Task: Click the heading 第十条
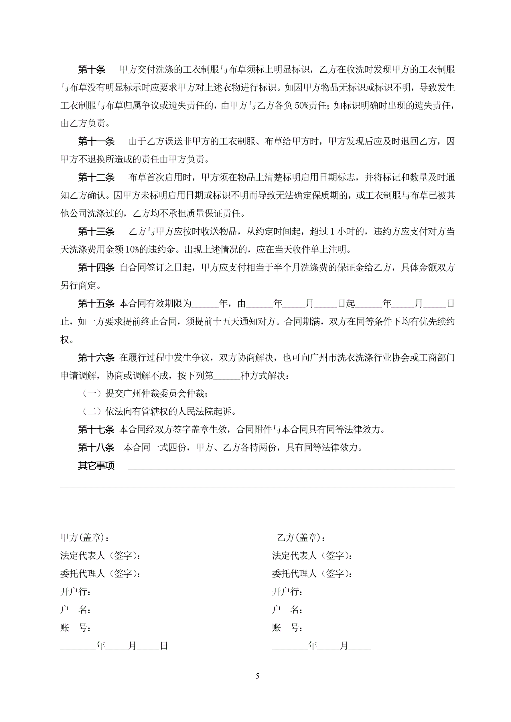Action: tap(92, 70)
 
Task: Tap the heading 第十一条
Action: tap(96, 141)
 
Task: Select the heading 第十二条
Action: tap(96, 178)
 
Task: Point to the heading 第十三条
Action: tap(96, 232)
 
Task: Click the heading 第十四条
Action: tap(96, 268)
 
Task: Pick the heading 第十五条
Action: tap(96, 304)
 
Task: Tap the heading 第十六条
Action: tap(96, 357)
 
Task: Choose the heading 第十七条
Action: tap(96, 430)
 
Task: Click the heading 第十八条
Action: tap(96, 448)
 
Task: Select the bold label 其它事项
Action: tap(96, 465)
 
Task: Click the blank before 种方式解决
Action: tap(226, 376)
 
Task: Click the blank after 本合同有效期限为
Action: tap(205, 304)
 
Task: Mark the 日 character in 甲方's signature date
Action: tap(164, 646)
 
